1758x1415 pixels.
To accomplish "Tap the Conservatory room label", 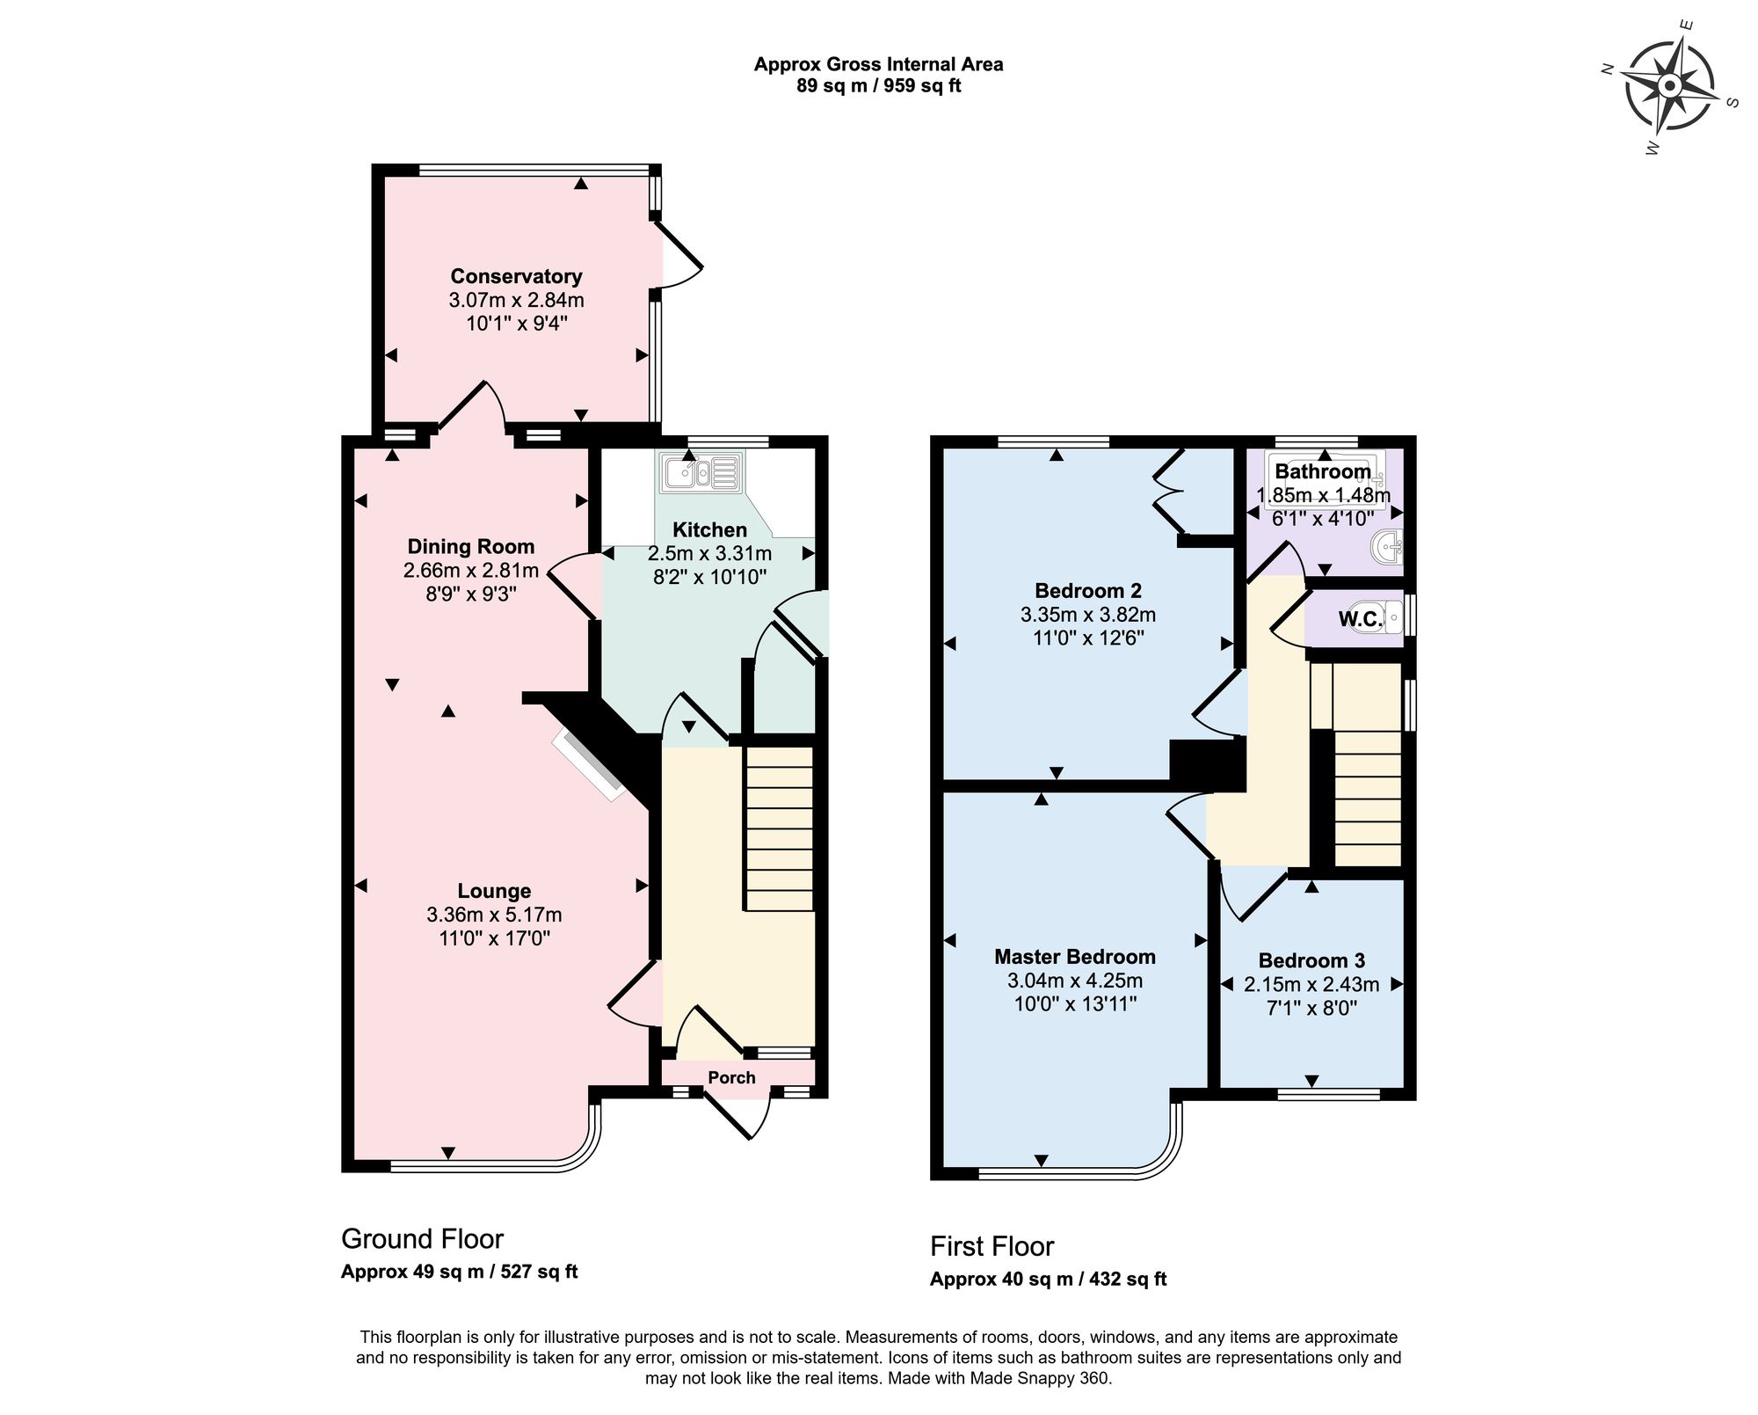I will tap(516, 276).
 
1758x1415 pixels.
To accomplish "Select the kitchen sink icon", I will tap(701, 475).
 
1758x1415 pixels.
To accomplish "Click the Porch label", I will tap(731, 1078).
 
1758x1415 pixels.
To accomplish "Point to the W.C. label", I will tap(1360, 619).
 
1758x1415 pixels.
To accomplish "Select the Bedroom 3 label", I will tap(1311, 961).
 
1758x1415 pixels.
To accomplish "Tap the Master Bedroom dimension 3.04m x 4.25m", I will tap(1074, 981).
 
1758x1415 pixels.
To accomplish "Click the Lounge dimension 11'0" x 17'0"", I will tap(494, 938).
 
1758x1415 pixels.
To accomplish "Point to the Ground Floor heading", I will tap(422, 1239).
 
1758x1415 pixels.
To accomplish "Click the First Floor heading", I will tap(992, 1246).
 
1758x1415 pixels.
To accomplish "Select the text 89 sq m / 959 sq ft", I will tap(878, 87).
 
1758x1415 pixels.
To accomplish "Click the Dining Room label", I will tap(470, 546).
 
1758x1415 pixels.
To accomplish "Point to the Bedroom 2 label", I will tap(1087, 591).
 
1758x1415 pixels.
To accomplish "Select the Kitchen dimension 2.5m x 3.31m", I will tap(709, 554).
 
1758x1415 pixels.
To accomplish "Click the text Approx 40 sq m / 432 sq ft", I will tap(1048, 1280).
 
